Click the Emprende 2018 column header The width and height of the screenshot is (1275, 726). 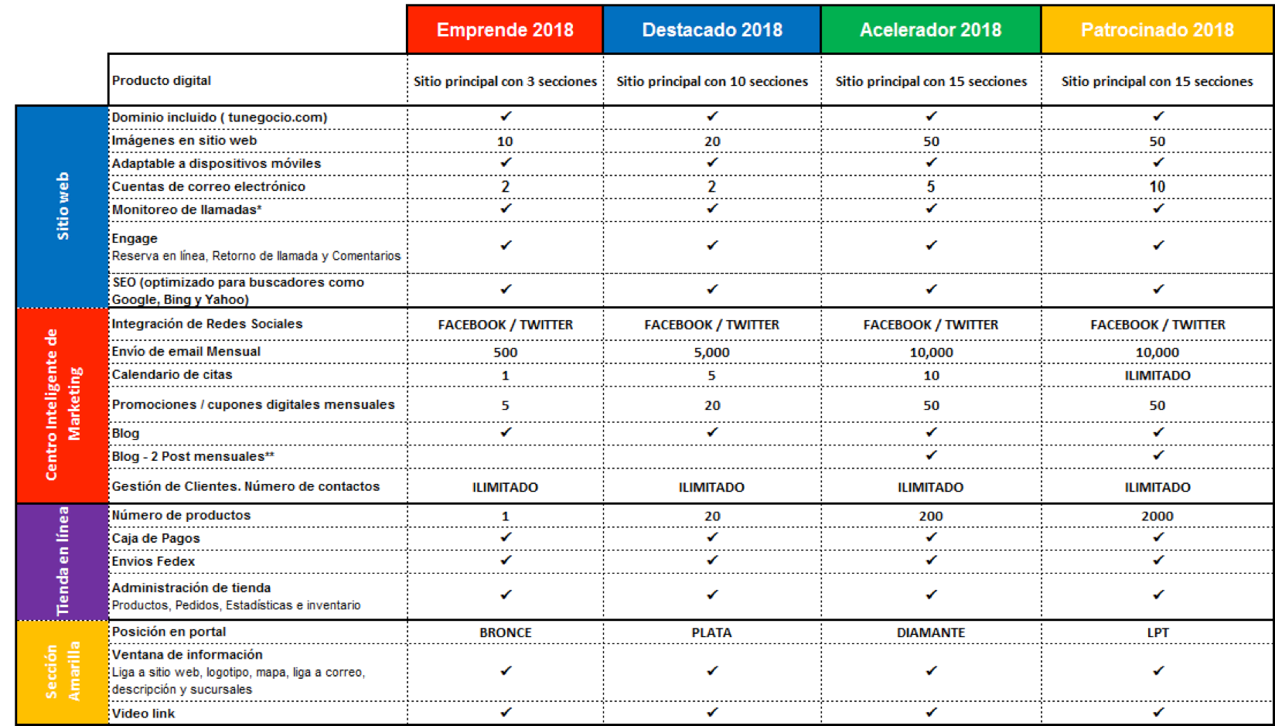tap(505, 30)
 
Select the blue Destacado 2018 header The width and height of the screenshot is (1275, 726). tap(711, 30)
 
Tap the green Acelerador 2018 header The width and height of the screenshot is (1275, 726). tap(930, 30)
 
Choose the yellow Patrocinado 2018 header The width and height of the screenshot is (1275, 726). tap(1157, 30)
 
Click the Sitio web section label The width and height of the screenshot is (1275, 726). tap(63, 206)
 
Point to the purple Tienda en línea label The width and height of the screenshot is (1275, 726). tap(63, 561)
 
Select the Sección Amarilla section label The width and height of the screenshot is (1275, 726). tap(63, 671)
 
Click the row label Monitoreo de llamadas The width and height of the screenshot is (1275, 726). tap(186, 210)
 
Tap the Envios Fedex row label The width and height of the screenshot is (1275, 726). tap(153, 561)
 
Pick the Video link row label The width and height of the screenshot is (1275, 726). tap(143, 714)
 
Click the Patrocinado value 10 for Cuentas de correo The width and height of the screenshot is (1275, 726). tap(1157, 187)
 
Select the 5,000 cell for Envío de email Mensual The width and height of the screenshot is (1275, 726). tap(711, 353)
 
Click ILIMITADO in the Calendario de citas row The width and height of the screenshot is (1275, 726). tap(1157, 376)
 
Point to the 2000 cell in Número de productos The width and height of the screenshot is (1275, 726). tap(1157, 516)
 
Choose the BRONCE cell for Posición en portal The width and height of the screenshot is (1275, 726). tap(505, 632)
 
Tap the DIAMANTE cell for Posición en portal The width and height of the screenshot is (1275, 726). tap(930, 632)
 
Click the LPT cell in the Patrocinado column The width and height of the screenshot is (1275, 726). tap(1157, 632)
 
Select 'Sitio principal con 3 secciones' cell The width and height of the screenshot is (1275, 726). tap(505, 81)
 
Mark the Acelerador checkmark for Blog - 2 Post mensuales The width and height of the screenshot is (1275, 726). tap(931, 456)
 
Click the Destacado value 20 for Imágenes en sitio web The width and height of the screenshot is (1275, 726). tap(711, 141)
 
